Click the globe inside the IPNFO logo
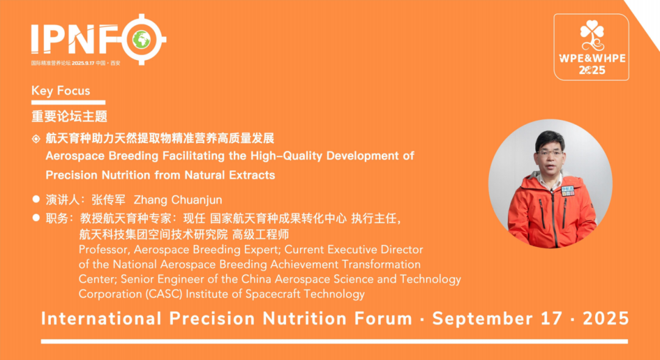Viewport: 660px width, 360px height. click(x=142, y=40)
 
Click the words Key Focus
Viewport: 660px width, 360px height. click(x=61, y=91)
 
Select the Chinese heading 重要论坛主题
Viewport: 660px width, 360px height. click(x=70, y=116)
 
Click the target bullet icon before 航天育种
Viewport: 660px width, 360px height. click(x=36, y=139)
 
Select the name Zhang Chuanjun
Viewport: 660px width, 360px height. click(x=178, y=200)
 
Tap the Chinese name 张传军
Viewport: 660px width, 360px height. click(x=108, y=200)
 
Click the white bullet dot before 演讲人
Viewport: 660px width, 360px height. click(x=36, y=199)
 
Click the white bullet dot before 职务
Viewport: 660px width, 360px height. click(x=36, y=217)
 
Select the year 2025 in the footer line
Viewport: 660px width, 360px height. click(x=606, y=318)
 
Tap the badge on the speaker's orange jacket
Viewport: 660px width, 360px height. click(x=568, y=191)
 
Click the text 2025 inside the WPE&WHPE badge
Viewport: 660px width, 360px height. click(x=592, y=70)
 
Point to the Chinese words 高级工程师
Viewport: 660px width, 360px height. click(x=260, y=235)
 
